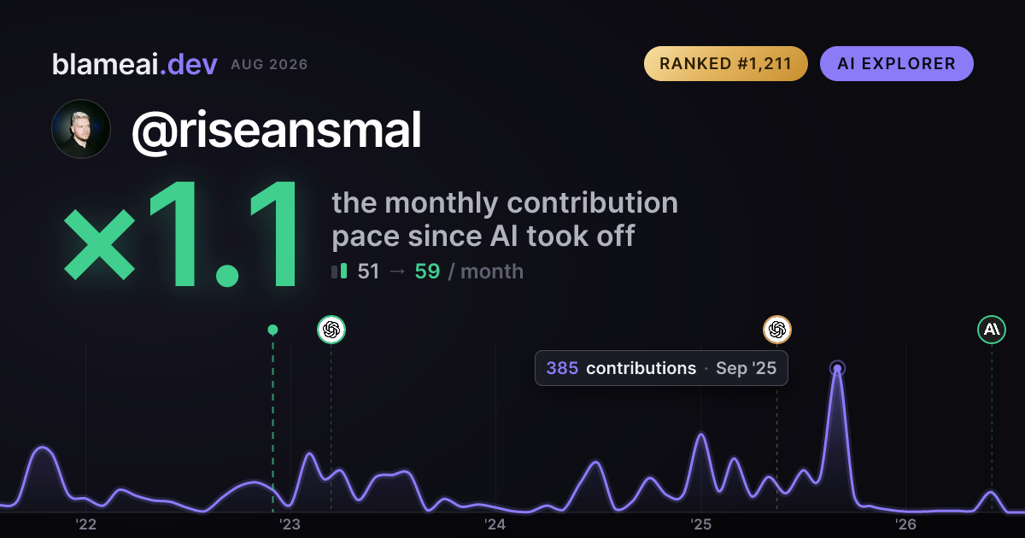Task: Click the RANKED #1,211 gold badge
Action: pyautogui.click(x=726, y=63)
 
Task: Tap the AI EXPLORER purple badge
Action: pyautogui.click(x=896, y=63)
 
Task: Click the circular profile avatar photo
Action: pyautogui.click(x=81, y=129)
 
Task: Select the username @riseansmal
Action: pyautogui.click(x=276, y=131)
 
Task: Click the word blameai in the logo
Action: pyautogui.click(x=105, y=64)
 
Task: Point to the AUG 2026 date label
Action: pyautogui.click(x=269, y=65)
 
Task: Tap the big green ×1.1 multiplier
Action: pyautogui.click(x=181, y=234)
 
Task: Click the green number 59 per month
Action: pyautogui.click(x=427, y=272)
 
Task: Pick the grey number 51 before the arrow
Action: pyautogui.click(x=368, y=272)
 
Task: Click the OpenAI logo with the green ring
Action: pyautogui.click(x=331, y=330)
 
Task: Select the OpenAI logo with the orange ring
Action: pyautogui.click(x=777, y=330)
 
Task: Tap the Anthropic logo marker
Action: pyautogui.click(x=992, y=330)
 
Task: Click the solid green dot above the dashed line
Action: pyautogui.click(x=272, y=330)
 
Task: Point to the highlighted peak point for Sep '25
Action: pyautogui.click(x=837, y=368)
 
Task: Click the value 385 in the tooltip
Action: pyautogui.click(x=562, y=368)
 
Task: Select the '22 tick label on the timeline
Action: pyautogui.click(x=85, y=524)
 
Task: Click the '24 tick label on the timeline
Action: pyautogui.click(x=495, y=524)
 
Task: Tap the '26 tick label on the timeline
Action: pyautogui.click(x=905, y=524)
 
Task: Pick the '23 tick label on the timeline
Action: pyautogui.click(x=290, y=524)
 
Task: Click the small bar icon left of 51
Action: pyautogui.click(x=339, y=271)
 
